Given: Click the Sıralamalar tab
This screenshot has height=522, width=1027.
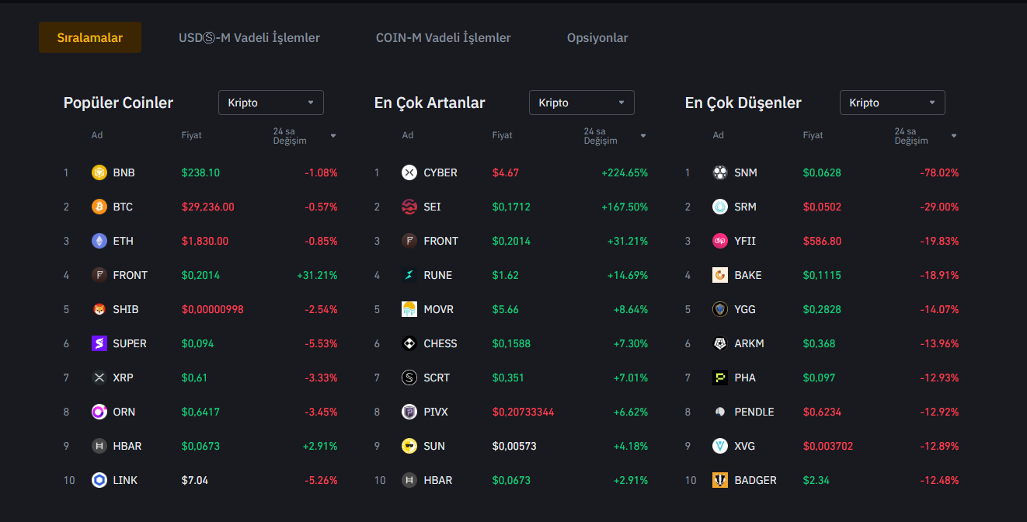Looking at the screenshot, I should coord(90,37).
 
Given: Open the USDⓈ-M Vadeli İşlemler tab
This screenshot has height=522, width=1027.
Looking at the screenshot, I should coord(249,37).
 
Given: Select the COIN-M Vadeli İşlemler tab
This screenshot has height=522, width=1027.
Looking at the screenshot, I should coord(443,37).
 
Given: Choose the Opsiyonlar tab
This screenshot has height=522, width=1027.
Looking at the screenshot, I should coord(597,37).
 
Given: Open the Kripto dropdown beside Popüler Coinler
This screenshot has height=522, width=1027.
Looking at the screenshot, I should coord(270,103).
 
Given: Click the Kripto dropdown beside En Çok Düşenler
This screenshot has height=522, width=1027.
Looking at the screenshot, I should coord(892,103).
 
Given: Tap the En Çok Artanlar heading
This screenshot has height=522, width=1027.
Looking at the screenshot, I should coord(430,103).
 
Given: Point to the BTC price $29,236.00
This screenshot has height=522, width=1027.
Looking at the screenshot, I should coord(207,207).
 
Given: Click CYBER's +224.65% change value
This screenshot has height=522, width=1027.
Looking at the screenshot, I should coord(624,172).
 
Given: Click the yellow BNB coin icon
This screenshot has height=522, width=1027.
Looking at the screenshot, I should coord(99,172).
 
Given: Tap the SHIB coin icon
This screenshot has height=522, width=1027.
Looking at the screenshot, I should coord(99,309).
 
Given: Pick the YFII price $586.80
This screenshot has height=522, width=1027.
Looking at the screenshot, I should coord(822,241).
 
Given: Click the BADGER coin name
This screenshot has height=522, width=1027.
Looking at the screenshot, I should coord(755,480).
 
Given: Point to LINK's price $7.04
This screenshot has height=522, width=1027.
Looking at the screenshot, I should coord(194,480).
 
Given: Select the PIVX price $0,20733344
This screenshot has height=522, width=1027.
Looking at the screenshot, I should coord(523,412).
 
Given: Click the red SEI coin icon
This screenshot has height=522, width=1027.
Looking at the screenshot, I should coord(409,207).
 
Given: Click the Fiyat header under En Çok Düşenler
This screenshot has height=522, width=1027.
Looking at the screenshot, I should coord(813,135).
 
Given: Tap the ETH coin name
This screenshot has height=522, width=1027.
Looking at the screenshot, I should coord(123,241).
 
